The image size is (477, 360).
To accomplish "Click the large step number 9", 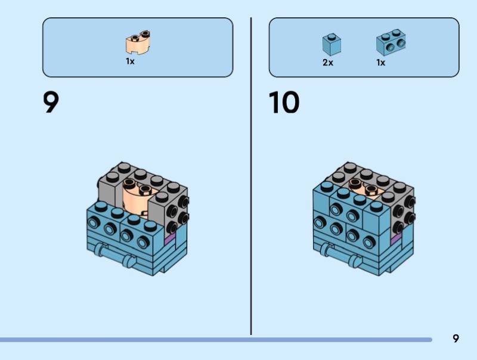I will [x=51, y=103].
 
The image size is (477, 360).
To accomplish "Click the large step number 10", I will [x=284, y=103].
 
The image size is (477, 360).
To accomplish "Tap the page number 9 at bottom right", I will [x=456, y=339].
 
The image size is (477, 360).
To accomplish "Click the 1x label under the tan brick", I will [x=130, y=61].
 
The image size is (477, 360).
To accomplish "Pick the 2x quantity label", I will [x=328, y=62].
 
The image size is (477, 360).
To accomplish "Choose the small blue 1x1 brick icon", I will [x=332, y=44].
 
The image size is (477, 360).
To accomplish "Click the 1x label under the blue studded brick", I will [x=380, y=62].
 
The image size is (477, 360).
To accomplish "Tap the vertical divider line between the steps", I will [x=251, y=179].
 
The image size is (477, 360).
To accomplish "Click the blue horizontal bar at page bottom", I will [x=215, y=340].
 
